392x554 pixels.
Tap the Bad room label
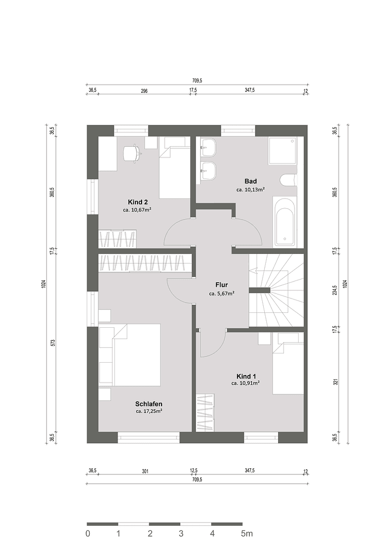(250, 181)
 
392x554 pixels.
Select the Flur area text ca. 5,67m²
(222, 294)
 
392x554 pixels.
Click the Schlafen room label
(149, 404)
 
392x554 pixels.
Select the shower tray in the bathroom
(282, 150)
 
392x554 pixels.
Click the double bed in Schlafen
(136, 355)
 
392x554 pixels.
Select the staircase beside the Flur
(276, 290)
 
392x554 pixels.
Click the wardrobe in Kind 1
(206, 412)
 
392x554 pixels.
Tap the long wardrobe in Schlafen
(145, 263)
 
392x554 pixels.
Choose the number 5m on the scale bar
(247, 534)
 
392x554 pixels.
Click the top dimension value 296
(144, 91)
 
